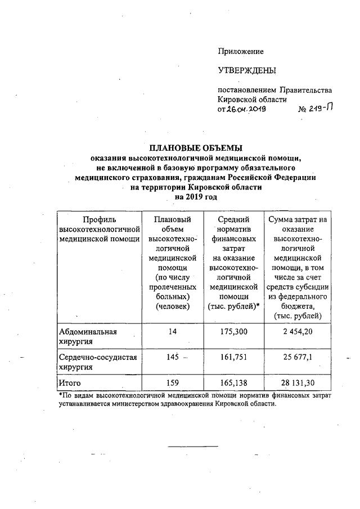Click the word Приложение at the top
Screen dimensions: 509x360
tap(241, 52)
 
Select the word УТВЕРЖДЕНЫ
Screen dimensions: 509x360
tap(247, 71)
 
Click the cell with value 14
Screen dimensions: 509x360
tap(172, 332)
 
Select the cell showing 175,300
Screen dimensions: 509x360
tap(233, 332)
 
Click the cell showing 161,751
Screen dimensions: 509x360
tap(233, 357)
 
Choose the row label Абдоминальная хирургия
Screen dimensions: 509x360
tap(87, 336)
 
